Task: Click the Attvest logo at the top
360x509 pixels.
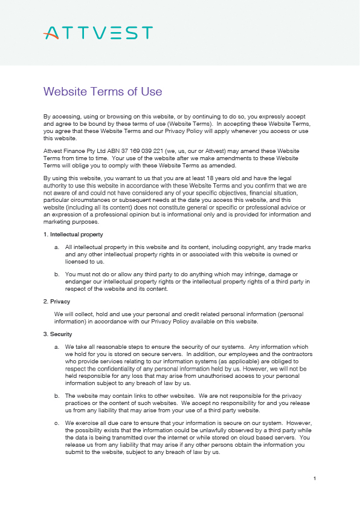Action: click(98, 33)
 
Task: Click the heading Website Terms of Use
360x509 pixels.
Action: click(103, 91)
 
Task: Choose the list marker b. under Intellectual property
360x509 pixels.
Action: click(57, 274)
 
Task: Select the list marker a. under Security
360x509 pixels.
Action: click(57, 347)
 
